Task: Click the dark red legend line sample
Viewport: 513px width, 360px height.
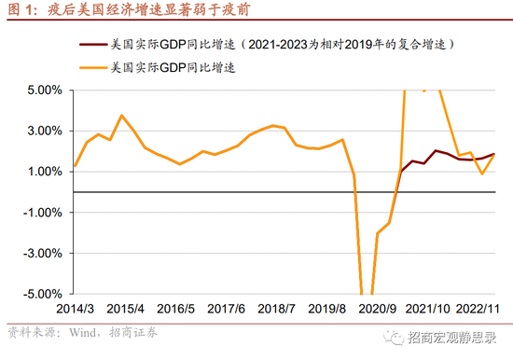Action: (91, 44)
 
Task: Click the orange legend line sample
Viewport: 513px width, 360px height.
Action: (91, 67)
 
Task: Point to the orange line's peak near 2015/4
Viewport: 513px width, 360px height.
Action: (122, 116)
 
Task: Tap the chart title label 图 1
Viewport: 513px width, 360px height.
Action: (21, 9)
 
